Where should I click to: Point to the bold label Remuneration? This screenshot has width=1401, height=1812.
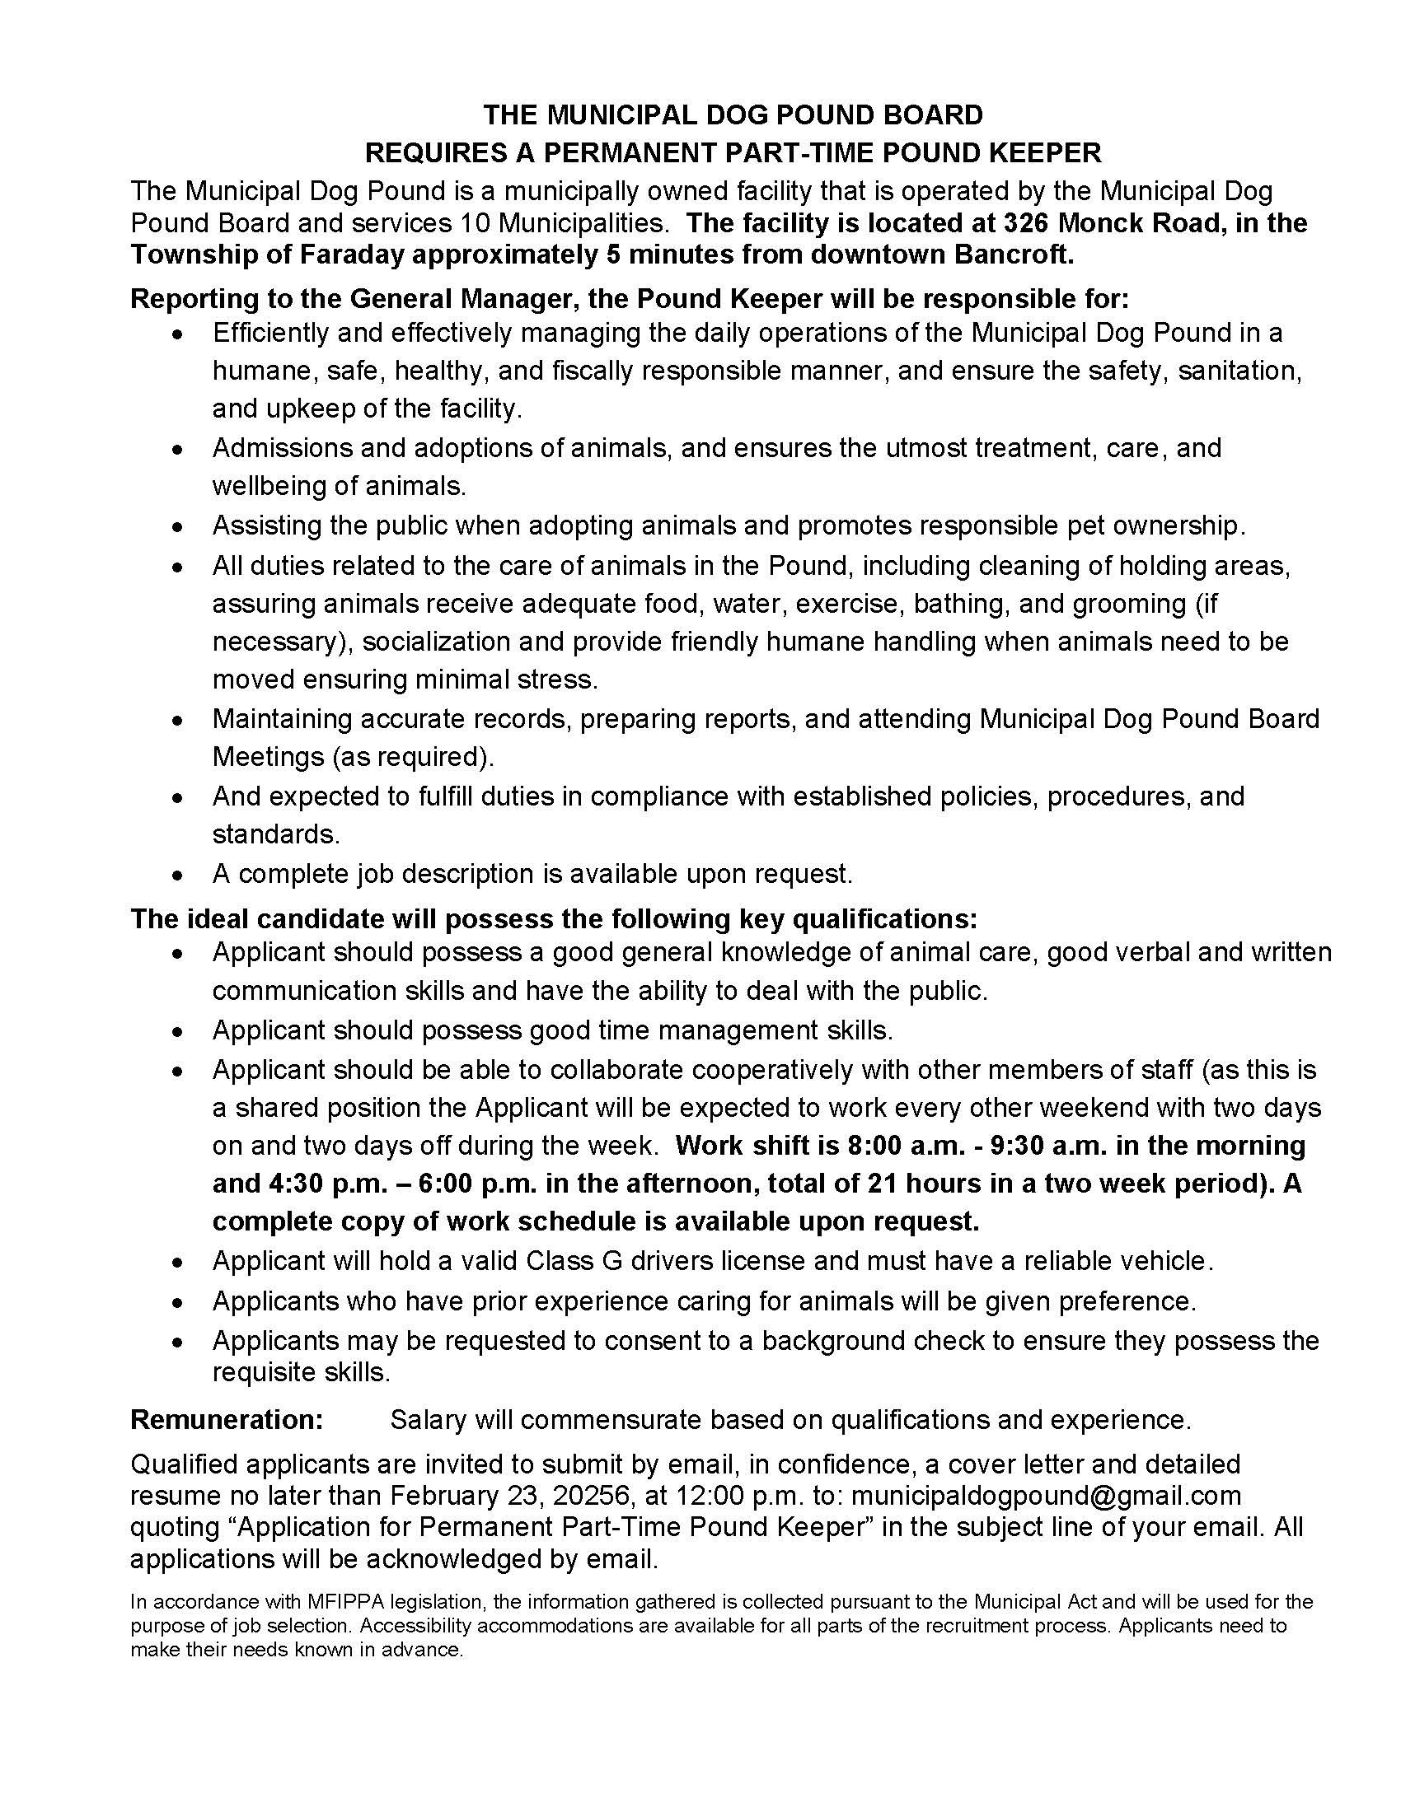point(227,1420)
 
